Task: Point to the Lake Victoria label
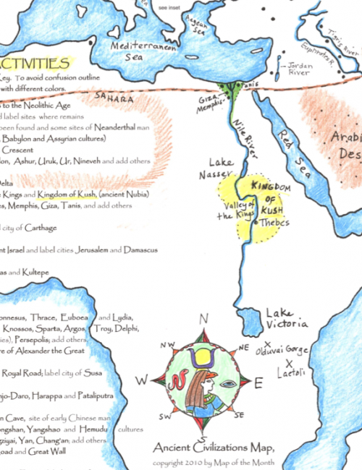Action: click(288, 317)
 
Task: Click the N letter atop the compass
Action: click(204, 318)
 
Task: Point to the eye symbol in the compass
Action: click(226, 384)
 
